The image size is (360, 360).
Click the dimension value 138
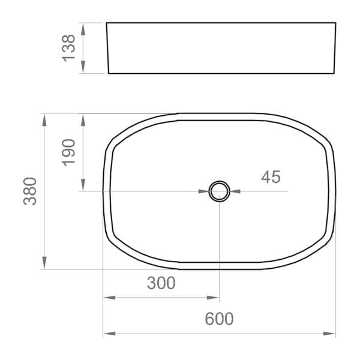point(70,48)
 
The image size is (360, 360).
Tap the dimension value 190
point(70,152)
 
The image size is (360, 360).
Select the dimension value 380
point(31,191)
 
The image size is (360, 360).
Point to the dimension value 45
point(271,177)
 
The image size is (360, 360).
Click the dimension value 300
point(161,283)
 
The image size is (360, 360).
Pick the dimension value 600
point(219,319)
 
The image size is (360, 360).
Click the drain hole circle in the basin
point(219,191)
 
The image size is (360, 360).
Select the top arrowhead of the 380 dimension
point(44,118)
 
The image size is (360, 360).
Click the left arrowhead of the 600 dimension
point(108,334)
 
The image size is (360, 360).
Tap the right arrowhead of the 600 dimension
point(331,334)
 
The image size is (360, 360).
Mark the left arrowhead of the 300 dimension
point(108,298)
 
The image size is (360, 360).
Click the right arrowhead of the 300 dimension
point(214,298)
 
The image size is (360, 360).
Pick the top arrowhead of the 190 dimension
point(83,118)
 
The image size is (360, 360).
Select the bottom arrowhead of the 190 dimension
point(83,187)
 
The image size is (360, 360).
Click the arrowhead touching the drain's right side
point(235,191)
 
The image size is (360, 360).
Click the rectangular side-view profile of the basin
point(221,48)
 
